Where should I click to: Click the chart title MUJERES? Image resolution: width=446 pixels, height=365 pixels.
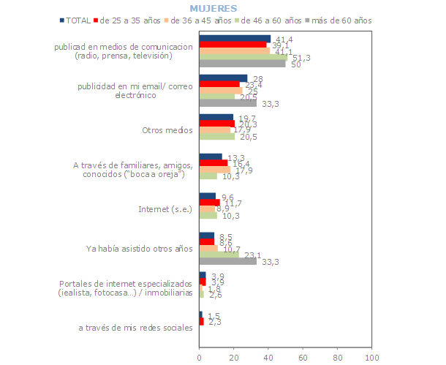[213, 8]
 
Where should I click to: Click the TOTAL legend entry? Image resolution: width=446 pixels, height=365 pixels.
[75, 20]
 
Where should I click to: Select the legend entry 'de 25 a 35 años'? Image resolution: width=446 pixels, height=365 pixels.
[131, 20]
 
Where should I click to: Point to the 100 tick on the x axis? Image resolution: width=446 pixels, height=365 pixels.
[371, 358]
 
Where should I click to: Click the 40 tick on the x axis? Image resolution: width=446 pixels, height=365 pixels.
[268, 358]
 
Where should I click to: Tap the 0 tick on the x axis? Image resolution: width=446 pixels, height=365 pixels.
[200, 358]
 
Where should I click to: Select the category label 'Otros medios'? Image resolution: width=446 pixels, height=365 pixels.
[168, 131]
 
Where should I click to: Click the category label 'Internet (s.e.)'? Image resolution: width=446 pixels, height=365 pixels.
[165, 209]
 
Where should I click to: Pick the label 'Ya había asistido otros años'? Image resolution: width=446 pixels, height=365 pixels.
[139, 249]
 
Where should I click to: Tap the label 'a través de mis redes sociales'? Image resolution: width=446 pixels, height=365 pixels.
[135, 328]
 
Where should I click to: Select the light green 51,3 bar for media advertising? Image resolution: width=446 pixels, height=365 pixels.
[243, 57]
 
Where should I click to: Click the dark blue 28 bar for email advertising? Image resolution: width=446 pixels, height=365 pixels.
[224, 78]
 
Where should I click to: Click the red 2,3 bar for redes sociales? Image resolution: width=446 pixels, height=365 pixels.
[202, 321]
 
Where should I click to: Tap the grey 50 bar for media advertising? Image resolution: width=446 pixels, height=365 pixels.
[242, 64]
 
